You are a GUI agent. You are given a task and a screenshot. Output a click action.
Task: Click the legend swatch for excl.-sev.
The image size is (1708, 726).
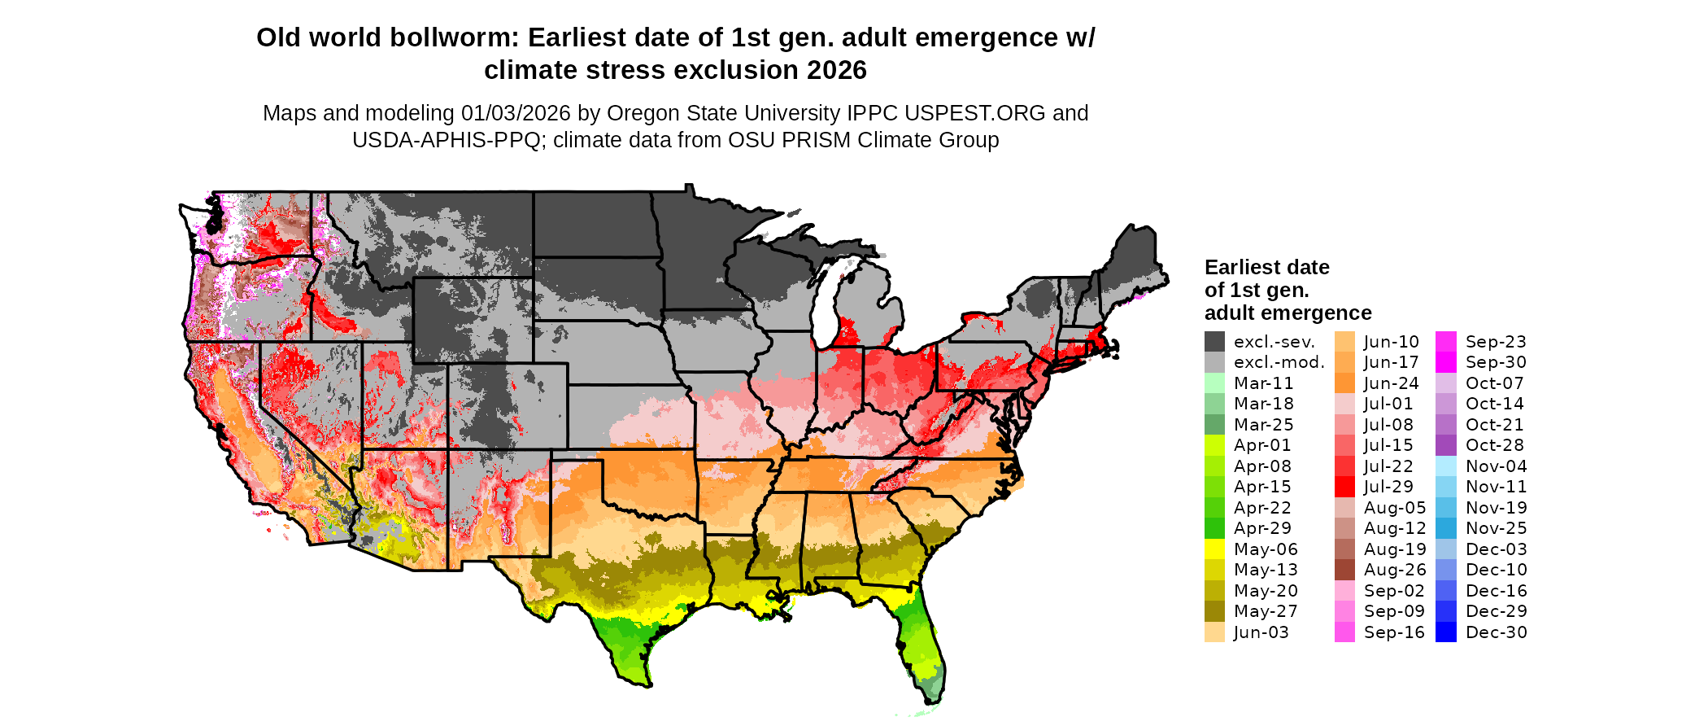click(x=1214, y=342)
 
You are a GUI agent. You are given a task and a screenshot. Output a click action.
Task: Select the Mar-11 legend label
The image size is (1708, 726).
click(x=1263, y=383)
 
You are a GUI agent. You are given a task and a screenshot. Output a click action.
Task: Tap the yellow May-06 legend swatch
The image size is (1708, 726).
click(x=1214, y=549)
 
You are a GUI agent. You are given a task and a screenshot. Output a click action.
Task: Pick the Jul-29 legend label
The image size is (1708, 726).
click(x=1388, y=487)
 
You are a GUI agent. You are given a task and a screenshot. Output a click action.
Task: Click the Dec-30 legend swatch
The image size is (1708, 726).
click(x=1446, y=632)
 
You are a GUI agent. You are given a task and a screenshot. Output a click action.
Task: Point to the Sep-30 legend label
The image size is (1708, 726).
click(x=1496, y=362)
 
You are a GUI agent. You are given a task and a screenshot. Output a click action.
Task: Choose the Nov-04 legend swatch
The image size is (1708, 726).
click(x=1446, y=466)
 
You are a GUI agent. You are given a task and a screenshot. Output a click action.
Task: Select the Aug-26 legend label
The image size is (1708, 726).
click(x=1394, y=570)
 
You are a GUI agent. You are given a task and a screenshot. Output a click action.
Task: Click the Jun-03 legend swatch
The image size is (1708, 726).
click(x=1214, y=632)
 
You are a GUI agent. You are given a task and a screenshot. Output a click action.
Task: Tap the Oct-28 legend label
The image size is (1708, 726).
click(x=1494, y=445)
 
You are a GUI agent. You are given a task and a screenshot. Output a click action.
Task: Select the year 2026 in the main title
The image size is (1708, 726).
click(x=837, y=70)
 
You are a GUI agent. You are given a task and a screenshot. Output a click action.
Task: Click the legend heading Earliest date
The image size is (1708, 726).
click(x=1266, y=267)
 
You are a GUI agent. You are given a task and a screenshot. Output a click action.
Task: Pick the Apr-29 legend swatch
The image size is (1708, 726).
click(x=1214, y=528)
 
